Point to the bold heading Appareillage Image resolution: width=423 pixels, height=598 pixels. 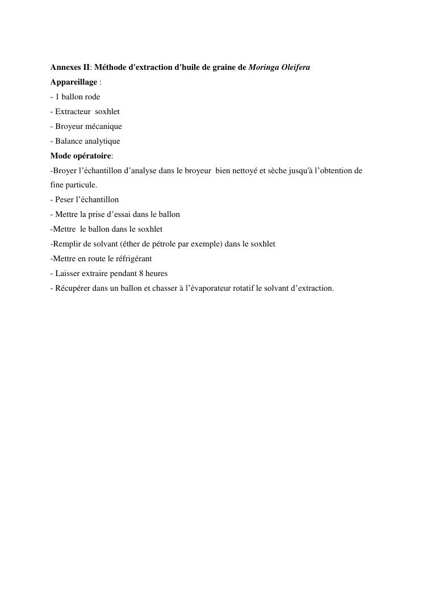[x=74, y=82]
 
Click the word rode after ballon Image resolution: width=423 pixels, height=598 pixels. [x=93, y=97]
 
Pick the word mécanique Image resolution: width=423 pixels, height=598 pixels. [x=103, y=127]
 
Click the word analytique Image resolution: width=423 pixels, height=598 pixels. [x=101, y=141]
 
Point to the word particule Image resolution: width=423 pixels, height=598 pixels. [x=80, y=185]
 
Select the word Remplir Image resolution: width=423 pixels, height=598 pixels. [x=66, y=244]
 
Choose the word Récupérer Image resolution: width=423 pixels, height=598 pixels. [x=73, y=288]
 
